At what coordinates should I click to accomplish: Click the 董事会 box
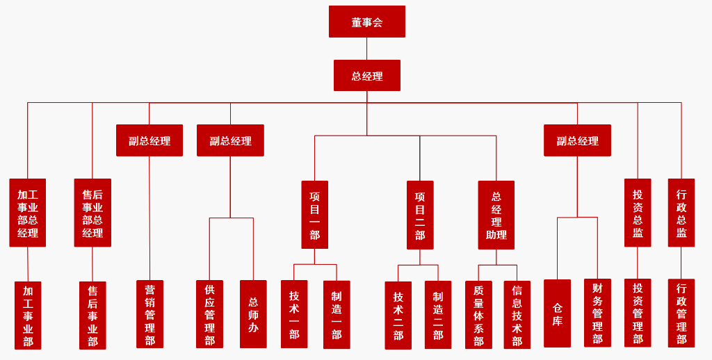click(366, 22)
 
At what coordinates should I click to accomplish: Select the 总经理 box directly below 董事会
click(366, 76)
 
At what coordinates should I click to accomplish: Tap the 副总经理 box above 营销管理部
click(149, 140)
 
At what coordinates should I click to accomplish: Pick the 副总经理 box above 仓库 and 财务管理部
click(577, 140)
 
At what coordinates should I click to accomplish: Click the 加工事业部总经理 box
click(28, 213)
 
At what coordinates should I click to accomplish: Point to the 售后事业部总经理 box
click(92, 213)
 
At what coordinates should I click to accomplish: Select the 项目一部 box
click(314, 214)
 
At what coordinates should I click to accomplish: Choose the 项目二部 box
click(420, 215)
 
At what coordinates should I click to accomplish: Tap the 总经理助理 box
click(496, 215)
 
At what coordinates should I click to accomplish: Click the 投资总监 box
click(638, 213)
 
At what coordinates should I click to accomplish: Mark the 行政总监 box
click(681, 213)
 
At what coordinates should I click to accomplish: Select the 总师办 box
click(253, 314)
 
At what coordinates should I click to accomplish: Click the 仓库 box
click(557, 313)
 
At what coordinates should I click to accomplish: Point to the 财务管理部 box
click(597, 313)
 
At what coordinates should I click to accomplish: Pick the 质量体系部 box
click(478, 315)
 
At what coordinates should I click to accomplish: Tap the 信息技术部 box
click(517, 315)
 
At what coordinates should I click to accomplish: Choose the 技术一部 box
click(294, 314)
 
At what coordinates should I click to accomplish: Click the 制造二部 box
click(438, 315)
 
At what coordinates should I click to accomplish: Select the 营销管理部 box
click(149, 314)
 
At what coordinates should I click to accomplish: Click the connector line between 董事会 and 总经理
click(366, 49)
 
